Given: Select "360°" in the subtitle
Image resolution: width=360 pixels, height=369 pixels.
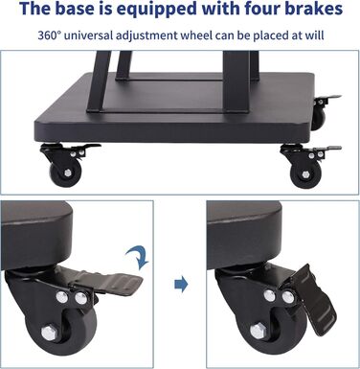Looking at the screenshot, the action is [49, 35].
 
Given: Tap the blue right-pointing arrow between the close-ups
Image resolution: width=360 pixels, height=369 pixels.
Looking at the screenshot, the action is [181, 284].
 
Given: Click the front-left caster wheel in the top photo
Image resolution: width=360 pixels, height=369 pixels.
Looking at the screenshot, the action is [65, 173].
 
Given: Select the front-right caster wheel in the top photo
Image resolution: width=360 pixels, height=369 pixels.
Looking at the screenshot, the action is [305, 174].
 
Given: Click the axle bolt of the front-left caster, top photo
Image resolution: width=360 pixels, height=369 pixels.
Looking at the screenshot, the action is [68, 173].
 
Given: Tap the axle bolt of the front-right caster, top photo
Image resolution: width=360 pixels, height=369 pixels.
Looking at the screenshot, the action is [306, 175].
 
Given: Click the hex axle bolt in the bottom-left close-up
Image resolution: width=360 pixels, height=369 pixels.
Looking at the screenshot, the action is [49, 333].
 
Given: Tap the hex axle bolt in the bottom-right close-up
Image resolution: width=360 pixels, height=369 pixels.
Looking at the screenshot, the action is [258, 332].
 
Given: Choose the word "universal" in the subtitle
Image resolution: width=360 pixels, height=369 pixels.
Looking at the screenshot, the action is [88, 35].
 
